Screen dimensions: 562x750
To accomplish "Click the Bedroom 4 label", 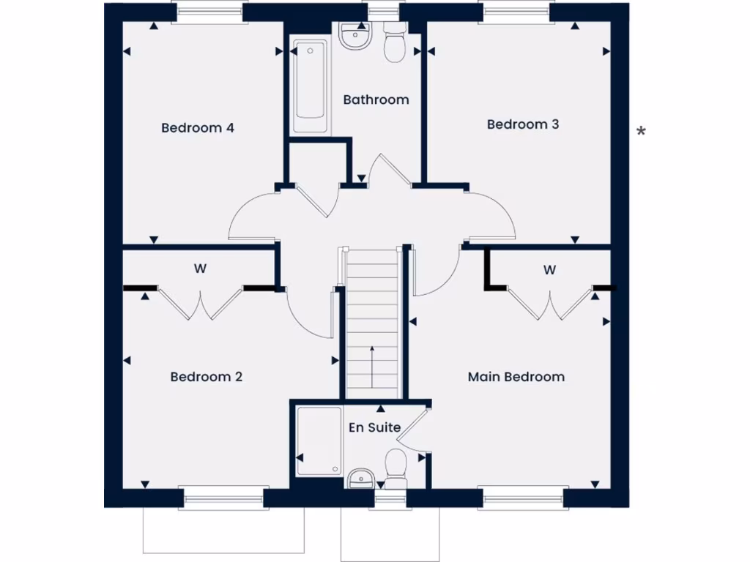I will pyautogui.click(x=197, y=128).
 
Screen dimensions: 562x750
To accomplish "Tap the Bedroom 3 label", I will pyautogui.click(x=523, y=124).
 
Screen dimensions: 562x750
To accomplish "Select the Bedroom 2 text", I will pyautogui.click(x=206, y=377).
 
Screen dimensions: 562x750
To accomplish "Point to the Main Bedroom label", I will pyautogui.click(x=516, y=377).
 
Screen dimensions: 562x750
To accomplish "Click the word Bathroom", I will pyautogui.click(x=376, y=100).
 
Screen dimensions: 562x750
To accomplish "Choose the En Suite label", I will pyautogui.click(x=374, y=427).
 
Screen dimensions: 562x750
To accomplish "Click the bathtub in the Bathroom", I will pyautogui.click(x=310, y=87).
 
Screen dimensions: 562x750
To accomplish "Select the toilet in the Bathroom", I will pyautogui.click(x=396, y=44).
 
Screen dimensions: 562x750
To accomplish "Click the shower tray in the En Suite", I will pyautogui.click(x=319, y=441).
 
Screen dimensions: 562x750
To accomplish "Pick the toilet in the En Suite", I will pyautogui.click(x=396, y=465).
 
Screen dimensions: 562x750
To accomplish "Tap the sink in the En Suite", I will pyautogui.click(x=360, y=479).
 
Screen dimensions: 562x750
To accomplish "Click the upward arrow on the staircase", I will pyautogui.click(x=372, y=366).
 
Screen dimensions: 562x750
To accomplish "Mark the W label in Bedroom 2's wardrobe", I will pyautogui.click(x=200, y=269).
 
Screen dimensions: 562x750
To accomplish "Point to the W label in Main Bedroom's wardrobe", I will pyautogui.click(x=549, y=270).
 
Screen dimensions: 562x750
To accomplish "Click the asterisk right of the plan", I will pyautogui.click(x=641, y=132).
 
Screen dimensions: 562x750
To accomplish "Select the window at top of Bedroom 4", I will pyautogui.click(x=209, y=13).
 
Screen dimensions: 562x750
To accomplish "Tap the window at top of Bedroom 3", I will pyautogui.click(x=516, y=13).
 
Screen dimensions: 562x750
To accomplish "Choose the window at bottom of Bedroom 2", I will pyautogui.click(x=223, y=498).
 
